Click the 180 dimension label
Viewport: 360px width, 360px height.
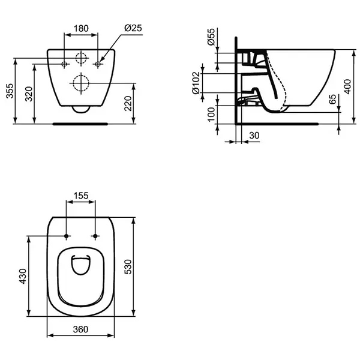coord(81,28)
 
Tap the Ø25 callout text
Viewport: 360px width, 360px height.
coord(133,28)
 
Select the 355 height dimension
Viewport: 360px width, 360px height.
coord(10,91)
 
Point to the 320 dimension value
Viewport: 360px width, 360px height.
coord(29,94)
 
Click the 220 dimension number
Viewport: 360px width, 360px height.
coord(128,104)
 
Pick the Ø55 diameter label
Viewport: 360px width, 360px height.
coord(211,37)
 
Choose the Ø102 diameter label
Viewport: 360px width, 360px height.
coord(196,83)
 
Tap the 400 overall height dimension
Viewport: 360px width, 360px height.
coord(348,86)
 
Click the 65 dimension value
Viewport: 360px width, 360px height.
coord(332,99)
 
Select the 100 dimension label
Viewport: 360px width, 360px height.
coord(211,115)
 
